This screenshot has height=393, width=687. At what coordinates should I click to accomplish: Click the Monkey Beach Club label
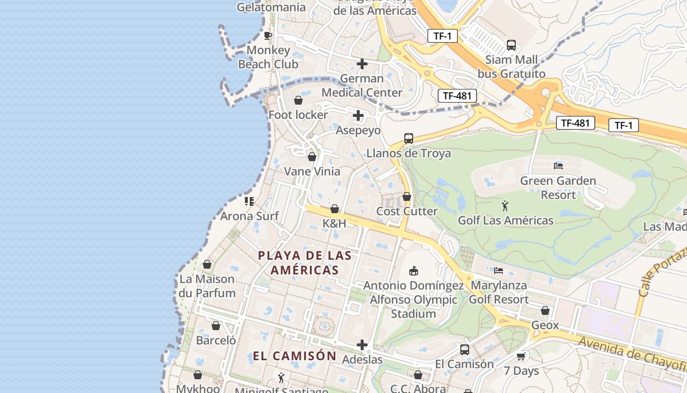pyautogui.click(x=268, y=57)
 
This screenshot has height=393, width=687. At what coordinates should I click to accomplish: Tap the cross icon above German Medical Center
pyautogui.click(x=362, y=64)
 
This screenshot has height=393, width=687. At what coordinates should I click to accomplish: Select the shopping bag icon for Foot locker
pyautogui.click(x=298, y=101)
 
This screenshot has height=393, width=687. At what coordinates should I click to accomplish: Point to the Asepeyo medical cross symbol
pyautogui.click(x=358, y=115)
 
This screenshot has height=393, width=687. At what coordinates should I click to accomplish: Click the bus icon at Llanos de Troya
pyautogui.click(x=409, y=139)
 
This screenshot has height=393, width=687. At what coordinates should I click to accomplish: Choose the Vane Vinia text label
pyautogui.click(x=312, y=171)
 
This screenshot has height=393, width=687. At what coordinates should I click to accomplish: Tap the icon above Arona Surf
pyautogui.click(x=249, y=201)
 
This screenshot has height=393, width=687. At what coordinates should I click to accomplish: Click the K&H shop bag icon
pyautogui.click(x=335, y=209)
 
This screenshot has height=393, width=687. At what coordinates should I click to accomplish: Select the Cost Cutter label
pyautogui.click(x=407, y=211)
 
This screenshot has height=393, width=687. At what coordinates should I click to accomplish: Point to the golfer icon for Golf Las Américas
pyautogui.click(x=505, y=206)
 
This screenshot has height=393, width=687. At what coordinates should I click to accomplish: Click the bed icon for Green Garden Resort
pyautogui.click(x=558, y=166)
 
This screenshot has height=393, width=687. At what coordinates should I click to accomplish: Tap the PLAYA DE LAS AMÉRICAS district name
pyautogui.click(x=305, y=263)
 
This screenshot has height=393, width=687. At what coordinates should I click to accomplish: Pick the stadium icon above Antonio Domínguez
pyautogui.click(x=413, y=271)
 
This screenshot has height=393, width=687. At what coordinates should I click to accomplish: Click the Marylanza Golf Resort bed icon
pyautogui.click(x=499, y=271)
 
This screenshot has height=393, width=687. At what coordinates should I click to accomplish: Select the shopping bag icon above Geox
pyautogui.click(x=545, y=310)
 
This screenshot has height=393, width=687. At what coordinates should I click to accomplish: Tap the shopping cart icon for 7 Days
pyautogui.click(x=521, y=356)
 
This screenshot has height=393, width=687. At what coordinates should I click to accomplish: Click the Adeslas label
pyautogui.click(x=362, y=360)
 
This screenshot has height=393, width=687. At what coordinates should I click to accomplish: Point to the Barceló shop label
pyautogui.click(x=216, y=340)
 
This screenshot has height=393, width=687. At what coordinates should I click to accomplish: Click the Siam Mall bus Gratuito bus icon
pyautogui.click(x=511, y=45)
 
